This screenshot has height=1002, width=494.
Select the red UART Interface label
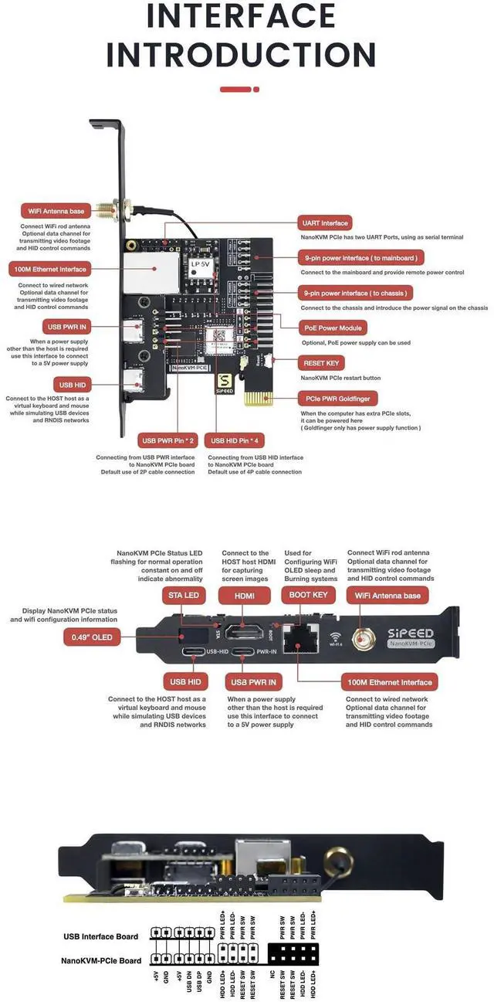pos(325,222)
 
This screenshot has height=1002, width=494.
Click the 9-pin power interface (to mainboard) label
pos(361,258)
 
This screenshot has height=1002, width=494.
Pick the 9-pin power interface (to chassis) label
pos(355,294)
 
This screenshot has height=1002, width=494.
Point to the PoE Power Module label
pos(333,328)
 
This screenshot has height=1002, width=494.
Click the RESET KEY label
pos(321,362)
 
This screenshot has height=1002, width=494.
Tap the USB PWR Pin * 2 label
pos(167,440)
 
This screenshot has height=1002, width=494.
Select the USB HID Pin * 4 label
pos(243,440)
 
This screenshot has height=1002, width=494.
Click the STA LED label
pos(183,595)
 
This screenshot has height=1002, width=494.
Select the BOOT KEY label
pos(308,595)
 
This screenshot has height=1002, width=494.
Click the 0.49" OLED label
pos(92,637)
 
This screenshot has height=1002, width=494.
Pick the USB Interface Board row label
pos(100,936)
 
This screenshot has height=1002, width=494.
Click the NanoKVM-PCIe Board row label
pos(100,961)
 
